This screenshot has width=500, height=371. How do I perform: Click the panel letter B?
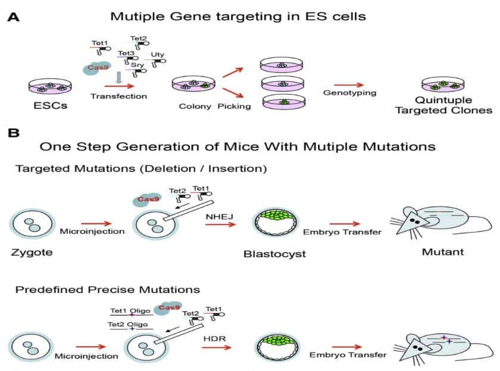coord(13,133)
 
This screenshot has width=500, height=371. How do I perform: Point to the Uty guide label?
coord(157,54)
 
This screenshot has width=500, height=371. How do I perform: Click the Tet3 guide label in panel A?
coord(126,54)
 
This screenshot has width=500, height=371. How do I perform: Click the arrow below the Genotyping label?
coord(347,84)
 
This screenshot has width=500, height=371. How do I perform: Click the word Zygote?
coord(32,252)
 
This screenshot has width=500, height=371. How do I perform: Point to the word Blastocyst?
coord(275,254)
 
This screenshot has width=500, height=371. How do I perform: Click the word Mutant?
coord(442,252)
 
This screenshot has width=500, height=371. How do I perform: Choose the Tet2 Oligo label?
coord(128,324)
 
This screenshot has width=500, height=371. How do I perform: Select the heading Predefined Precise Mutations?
coord(107,290)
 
